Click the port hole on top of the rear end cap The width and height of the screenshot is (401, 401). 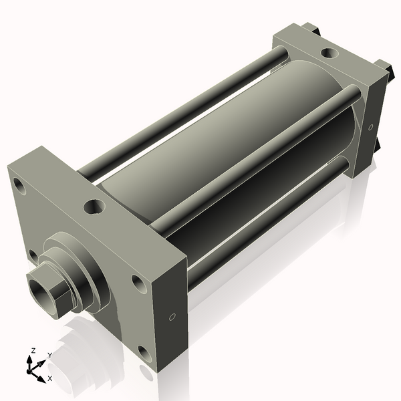point(329,53)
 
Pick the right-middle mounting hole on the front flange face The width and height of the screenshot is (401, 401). point(138,283)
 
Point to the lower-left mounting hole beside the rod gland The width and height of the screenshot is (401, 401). point(33,255)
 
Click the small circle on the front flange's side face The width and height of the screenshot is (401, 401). point(172,316)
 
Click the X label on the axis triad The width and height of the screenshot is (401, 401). point(49,379)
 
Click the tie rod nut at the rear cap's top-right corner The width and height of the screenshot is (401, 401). point(383,66)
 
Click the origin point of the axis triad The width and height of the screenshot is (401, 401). point(32,370)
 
